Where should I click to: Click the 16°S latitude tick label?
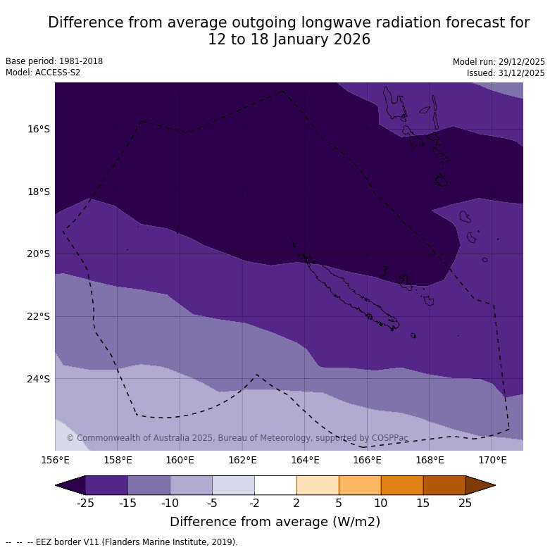[x=39, y=129]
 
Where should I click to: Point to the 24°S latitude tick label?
[x=39, y=379]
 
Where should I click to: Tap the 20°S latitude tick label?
[x=39, y=254]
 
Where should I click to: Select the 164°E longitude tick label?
[x=305, y=461]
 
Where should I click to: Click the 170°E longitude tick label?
[x=492, y=461]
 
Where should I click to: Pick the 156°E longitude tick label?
[x=55, y=461]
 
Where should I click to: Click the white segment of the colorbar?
[x=275, y=485]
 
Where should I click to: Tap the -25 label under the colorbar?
[x=85, y=503]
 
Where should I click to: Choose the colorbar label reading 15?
[x=423, y=503]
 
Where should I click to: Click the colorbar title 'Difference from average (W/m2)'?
[x=275, y=522]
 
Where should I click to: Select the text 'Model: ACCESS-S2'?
[x=43, y=73]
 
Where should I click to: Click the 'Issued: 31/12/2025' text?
[x=506, y=73]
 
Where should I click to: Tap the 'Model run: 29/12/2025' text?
[x=499, y=62]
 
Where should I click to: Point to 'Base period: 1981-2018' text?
[x=54, y=61]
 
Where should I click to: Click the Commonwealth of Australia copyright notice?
[x=237, y=438]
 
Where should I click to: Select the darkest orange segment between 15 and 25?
[x=444, y=485]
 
